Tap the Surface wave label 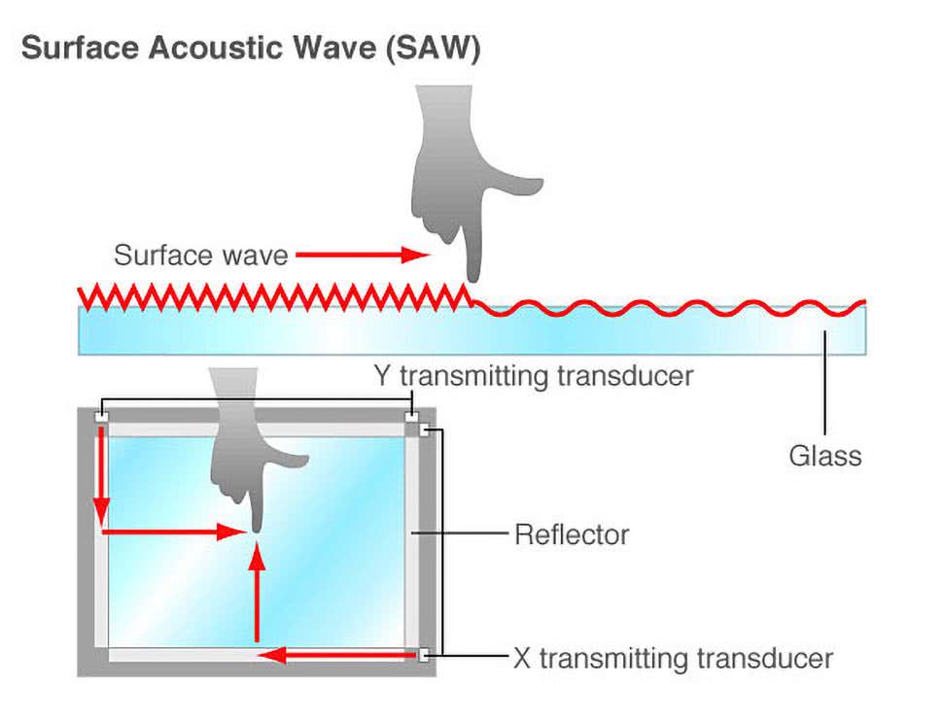coord(201,256)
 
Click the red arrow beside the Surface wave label coord(362,256)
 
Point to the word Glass coord(825,456)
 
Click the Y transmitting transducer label coord(534,375)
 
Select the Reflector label coord(572,534)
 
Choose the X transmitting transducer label coord(673,658)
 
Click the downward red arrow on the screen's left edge coord(101,476)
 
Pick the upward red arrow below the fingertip coord(257,593)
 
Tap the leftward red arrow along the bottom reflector coord(340,655)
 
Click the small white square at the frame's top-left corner coord(100,418)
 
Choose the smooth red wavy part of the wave coord(671,309)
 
